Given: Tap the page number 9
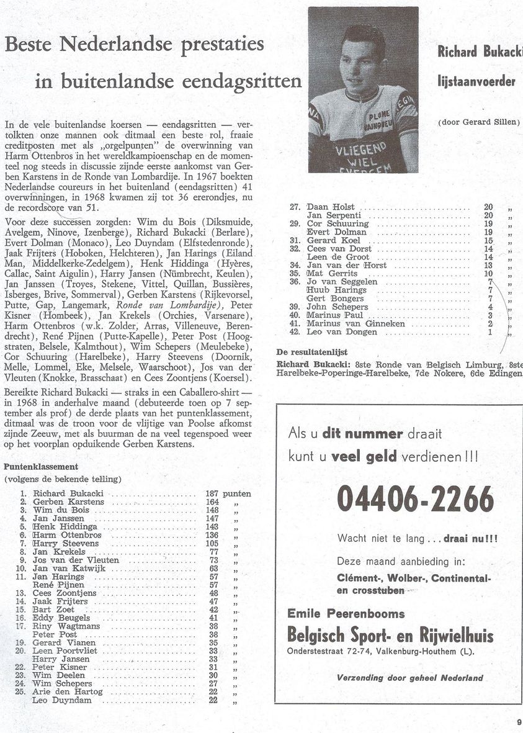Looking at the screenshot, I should click(x=518, y=721).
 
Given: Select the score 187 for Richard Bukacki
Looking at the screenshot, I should click(x=210, y=493).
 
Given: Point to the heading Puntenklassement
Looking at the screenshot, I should click(x=41, y=466).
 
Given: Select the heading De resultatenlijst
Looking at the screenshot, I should click(x=316, y=352).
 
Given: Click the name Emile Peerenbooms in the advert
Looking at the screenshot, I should click(x=346, y=613).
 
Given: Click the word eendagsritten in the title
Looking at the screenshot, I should click(x=240, y=81).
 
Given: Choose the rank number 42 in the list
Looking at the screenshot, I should click(x=295, y=332).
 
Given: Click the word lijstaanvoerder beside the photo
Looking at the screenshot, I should click(x=476, y=81).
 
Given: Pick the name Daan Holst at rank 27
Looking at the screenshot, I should click(x=331, y=207).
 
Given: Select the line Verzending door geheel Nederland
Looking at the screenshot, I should click(x=409, y=678).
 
